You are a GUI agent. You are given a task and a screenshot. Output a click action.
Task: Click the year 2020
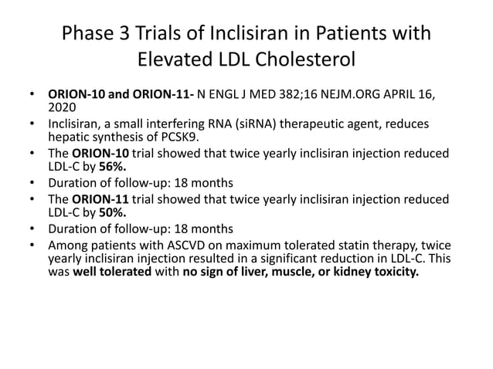pyautogui.click(x=62, y=108)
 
